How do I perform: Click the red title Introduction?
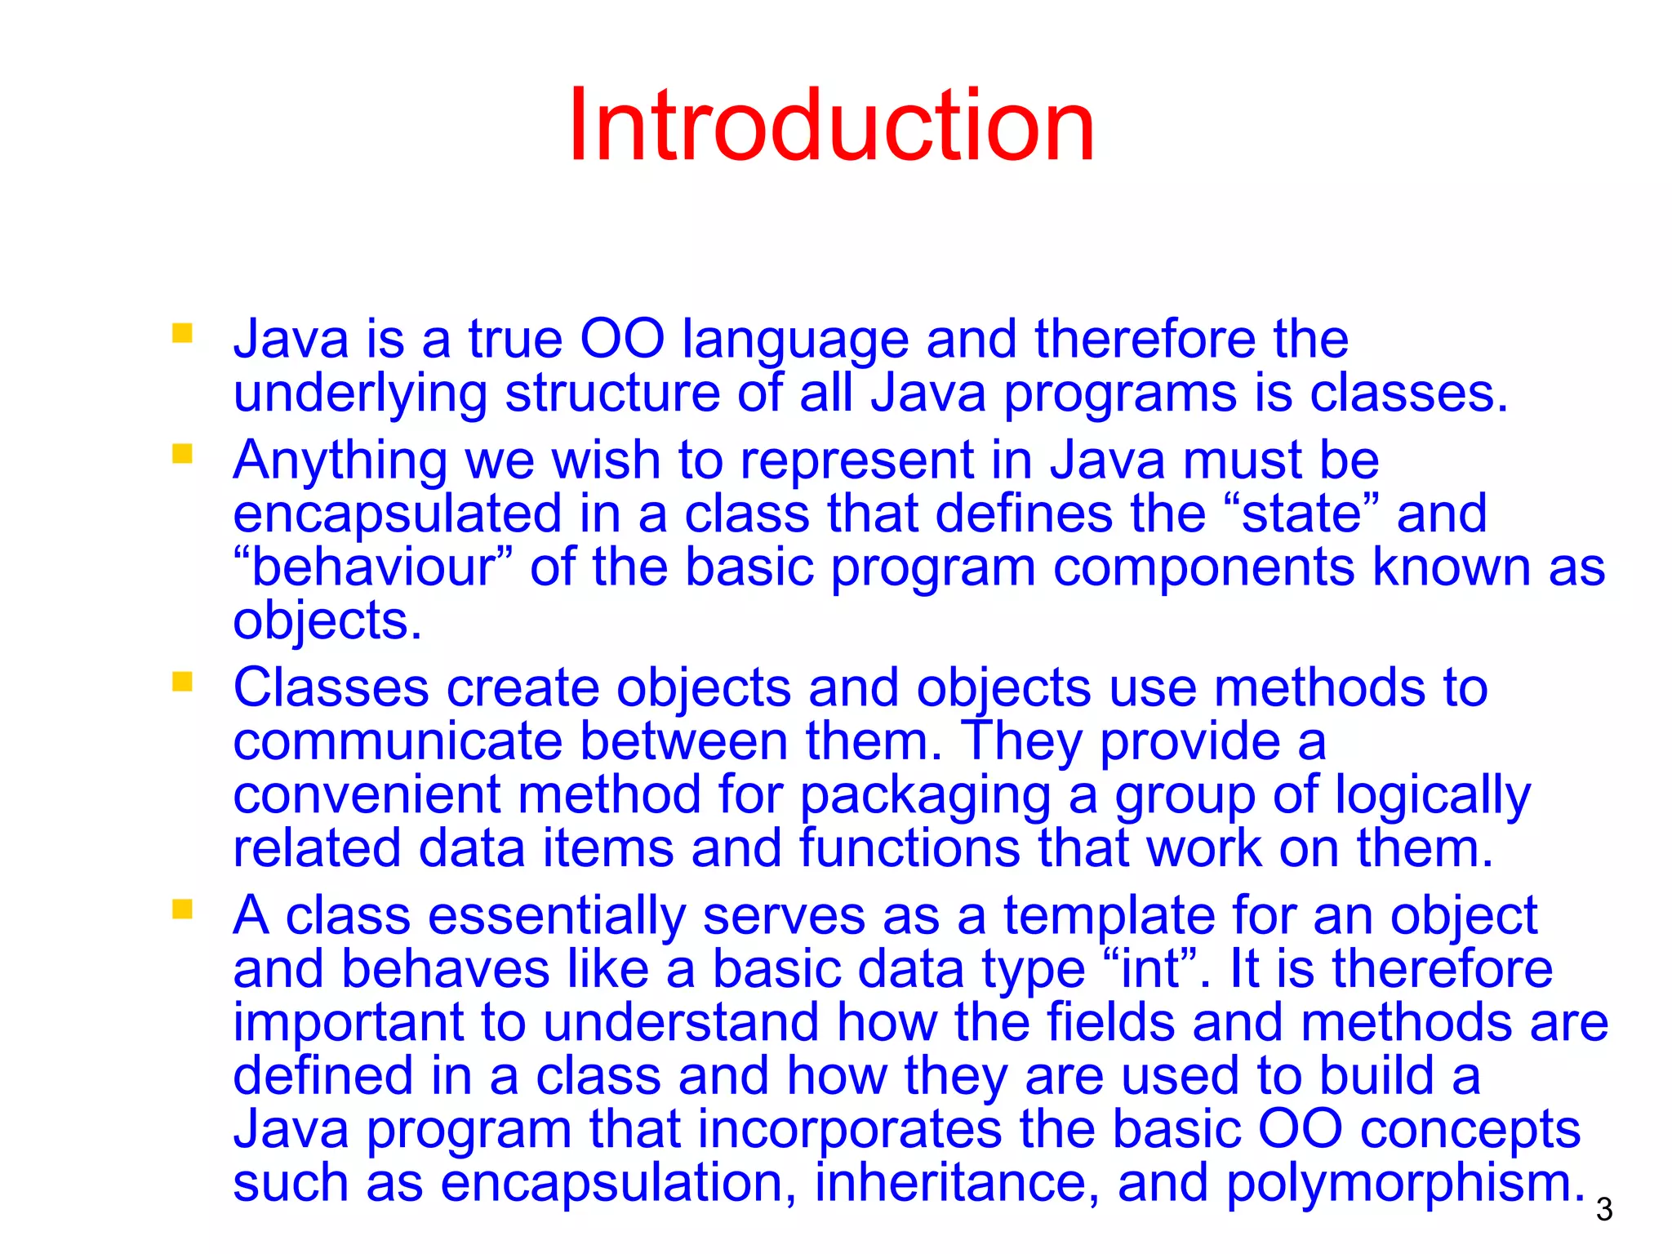(831, 127)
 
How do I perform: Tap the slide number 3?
(1603, 1210)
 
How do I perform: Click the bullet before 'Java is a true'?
(182, 333)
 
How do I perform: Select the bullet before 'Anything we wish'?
(182, 454)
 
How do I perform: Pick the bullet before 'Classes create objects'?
(182, 682)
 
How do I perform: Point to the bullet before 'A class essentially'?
(182, 909)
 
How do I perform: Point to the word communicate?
(398, 742)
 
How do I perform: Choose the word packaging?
(924, 797)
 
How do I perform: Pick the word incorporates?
(849, 1131)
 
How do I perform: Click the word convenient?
(366, 796)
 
